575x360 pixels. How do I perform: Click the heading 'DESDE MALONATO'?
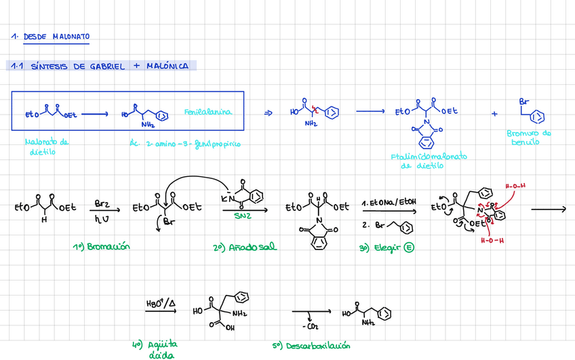[56, 37]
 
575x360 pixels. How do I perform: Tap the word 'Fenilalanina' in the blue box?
[207, 112]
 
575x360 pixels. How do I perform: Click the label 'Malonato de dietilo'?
[47, 146]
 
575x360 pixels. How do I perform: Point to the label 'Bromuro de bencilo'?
[529, 138]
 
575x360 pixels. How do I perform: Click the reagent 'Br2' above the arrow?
[102, 203]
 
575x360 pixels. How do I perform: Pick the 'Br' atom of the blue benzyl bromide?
[523, 102]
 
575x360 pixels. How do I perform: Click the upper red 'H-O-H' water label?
[515, 185]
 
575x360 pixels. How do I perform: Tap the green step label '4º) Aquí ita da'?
[160, 348]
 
